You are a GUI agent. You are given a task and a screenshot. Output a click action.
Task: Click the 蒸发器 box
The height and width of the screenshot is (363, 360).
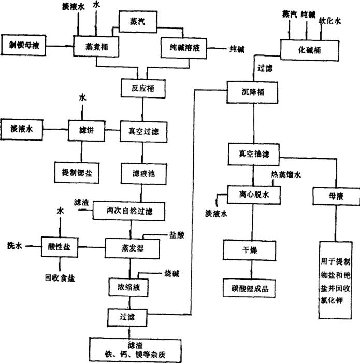click(131, 248)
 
